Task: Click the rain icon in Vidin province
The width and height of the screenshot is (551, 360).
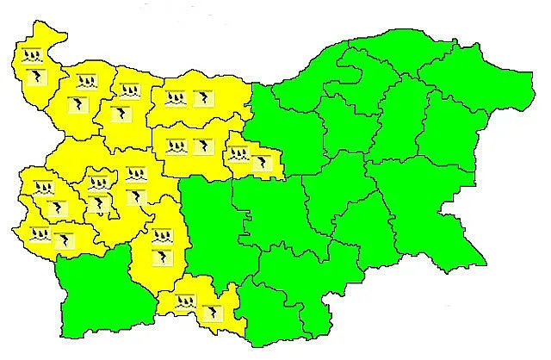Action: (33, 57)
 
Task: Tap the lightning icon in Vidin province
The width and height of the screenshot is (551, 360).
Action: (35, 78)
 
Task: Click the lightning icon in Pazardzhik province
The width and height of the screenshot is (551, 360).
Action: (162, 257)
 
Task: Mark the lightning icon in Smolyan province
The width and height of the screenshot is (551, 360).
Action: (209, 311)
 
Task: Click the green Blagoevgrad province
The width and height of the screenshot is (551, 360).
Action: (90, 293)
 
